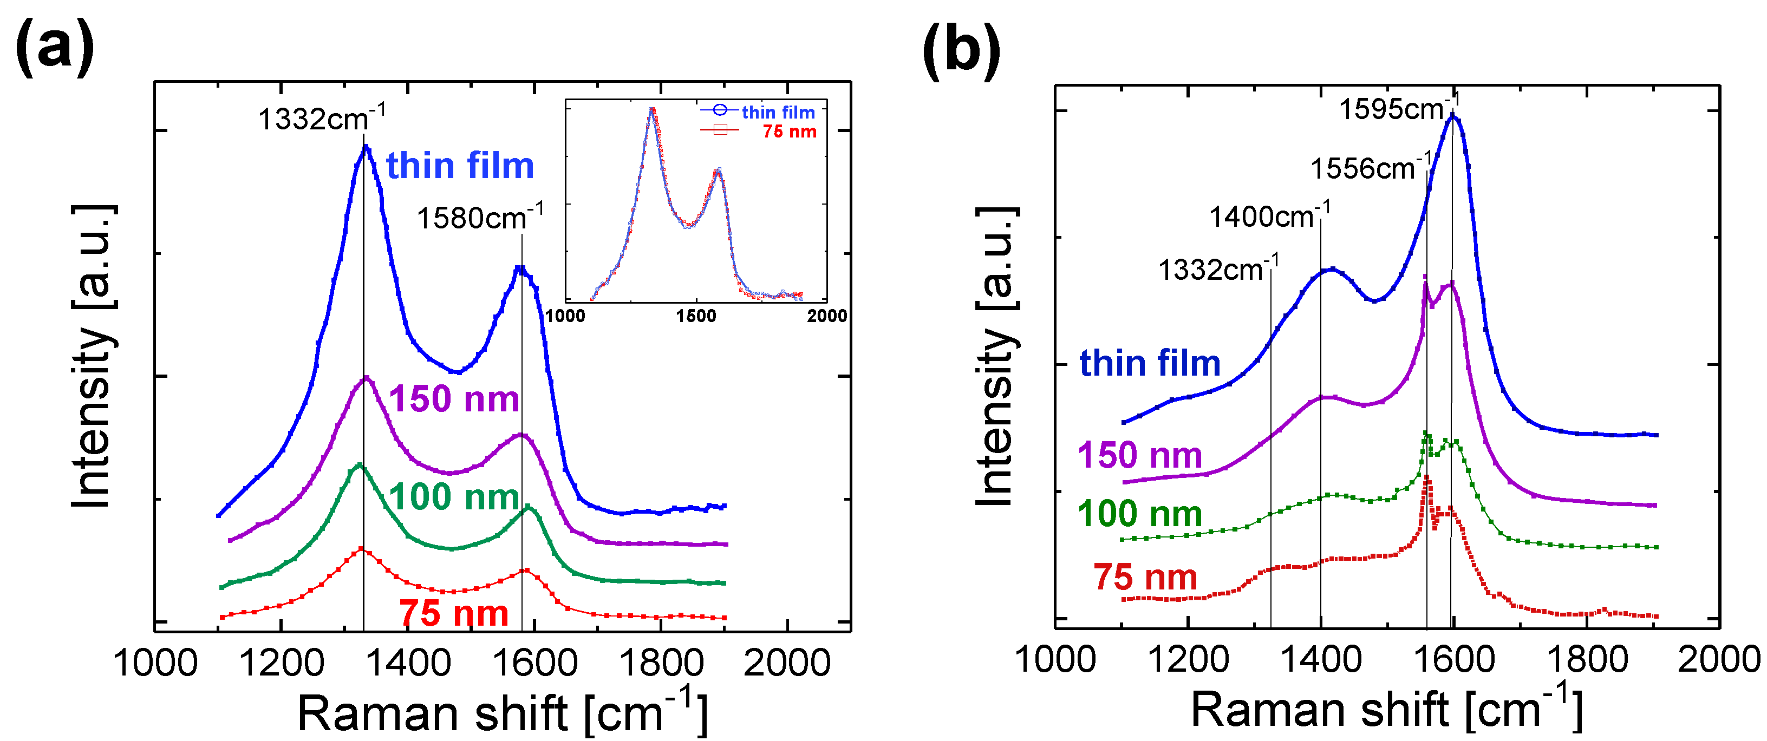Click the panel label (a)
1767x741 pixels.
(x=55, y=48)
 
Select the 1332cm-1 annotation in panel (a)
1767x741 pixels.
(x=321, y=119)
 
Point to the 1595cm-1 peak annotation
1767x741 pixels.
(x=1398, y=108)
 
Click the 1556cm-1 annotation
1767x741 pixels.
(x=1370, y=167)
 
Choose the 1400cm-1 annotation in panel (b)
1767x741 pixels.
(x=1268, y=216)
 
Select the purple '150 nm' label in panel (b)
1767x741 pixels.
(x=1139, y=455)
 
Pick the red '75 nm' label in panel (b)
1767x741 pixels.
(x=1145, y=576)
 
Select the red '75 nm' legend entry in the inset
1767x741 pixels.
(x=789, y=131)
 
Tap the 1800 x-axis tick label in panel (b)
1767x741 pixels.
(x=1587, y=659)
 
